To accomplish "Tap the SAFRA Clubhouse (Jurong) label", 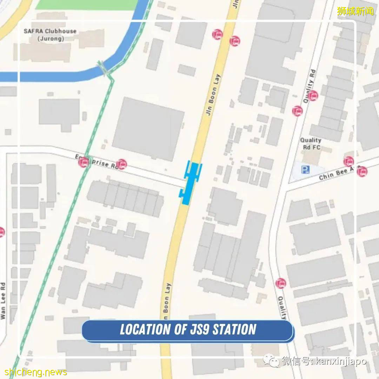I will click(50, 35).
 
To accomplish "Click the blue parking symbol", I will click(305, 170).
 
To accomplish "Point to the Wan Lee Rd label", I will click(3, 301).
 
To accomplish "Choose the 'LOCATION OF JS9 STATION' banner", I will click(188, 330).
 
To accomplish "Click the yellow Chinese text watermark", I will click(355, 11).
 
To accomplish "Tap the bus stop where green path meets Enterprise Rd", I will click(84, 162).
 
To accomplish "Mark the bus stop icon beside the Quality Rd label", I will click(313, 95).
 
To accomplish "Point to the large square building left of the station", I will click(148, 129).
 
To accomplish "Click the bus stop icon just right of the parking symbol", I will click(348, 161).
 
